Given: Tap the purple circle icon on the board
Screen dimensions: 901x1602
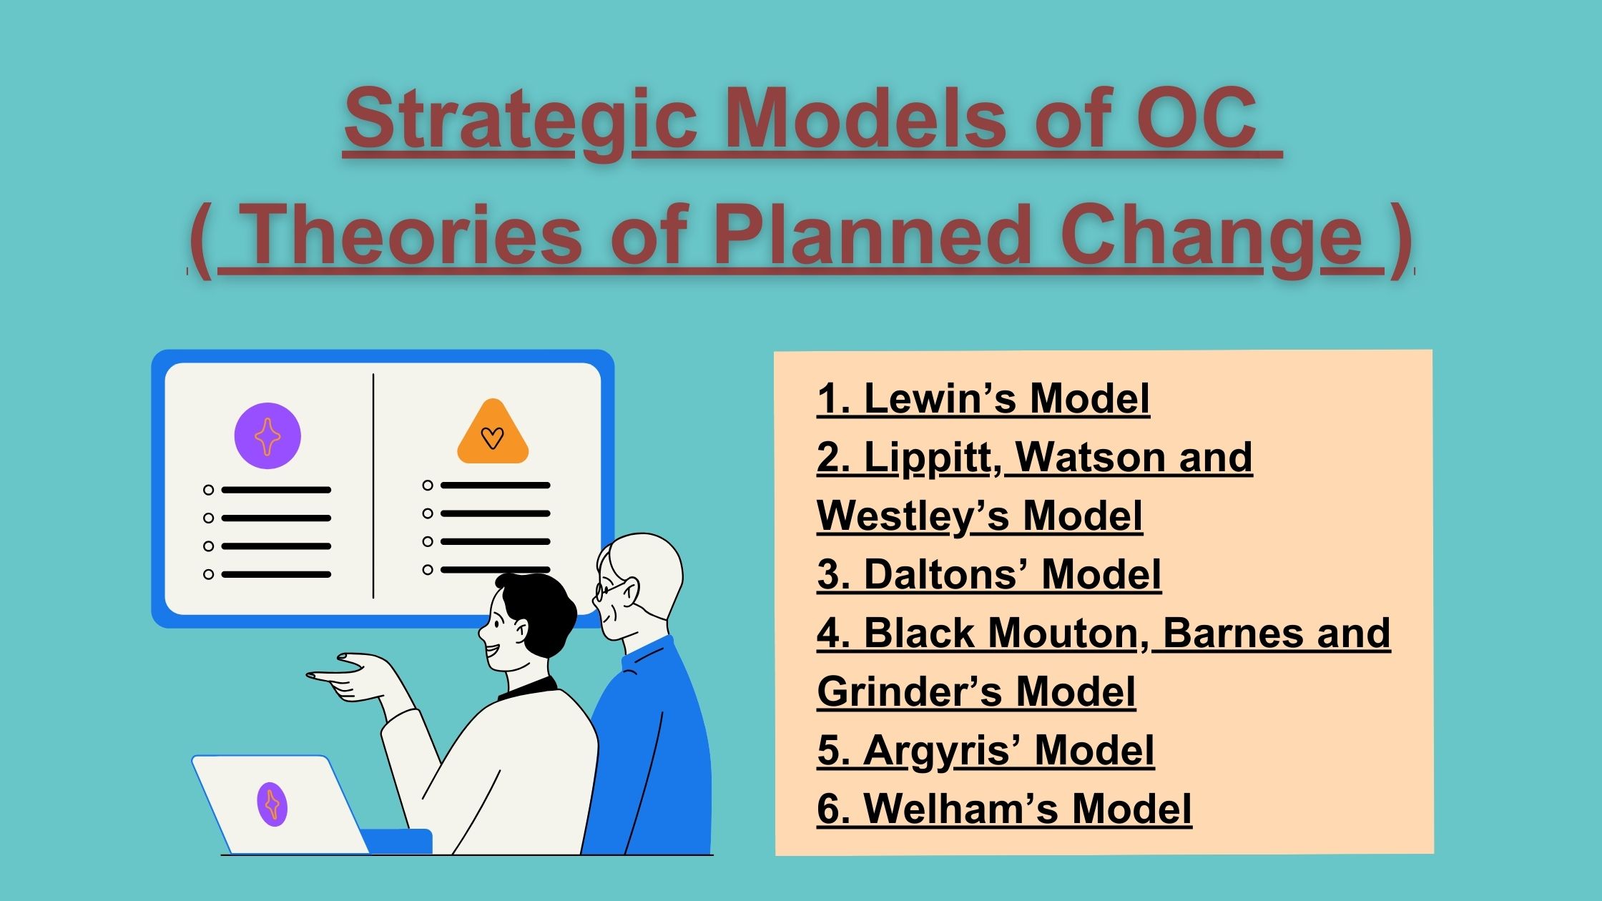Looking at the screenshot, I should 267,436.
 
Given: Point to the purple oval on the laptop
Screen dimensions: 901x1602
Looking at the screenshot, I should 272,804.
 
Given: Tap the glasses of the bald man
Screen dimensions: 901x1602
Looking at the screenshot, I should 603,591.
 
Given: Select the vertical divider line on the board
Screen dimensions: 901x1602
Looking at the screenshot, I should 373,486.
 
